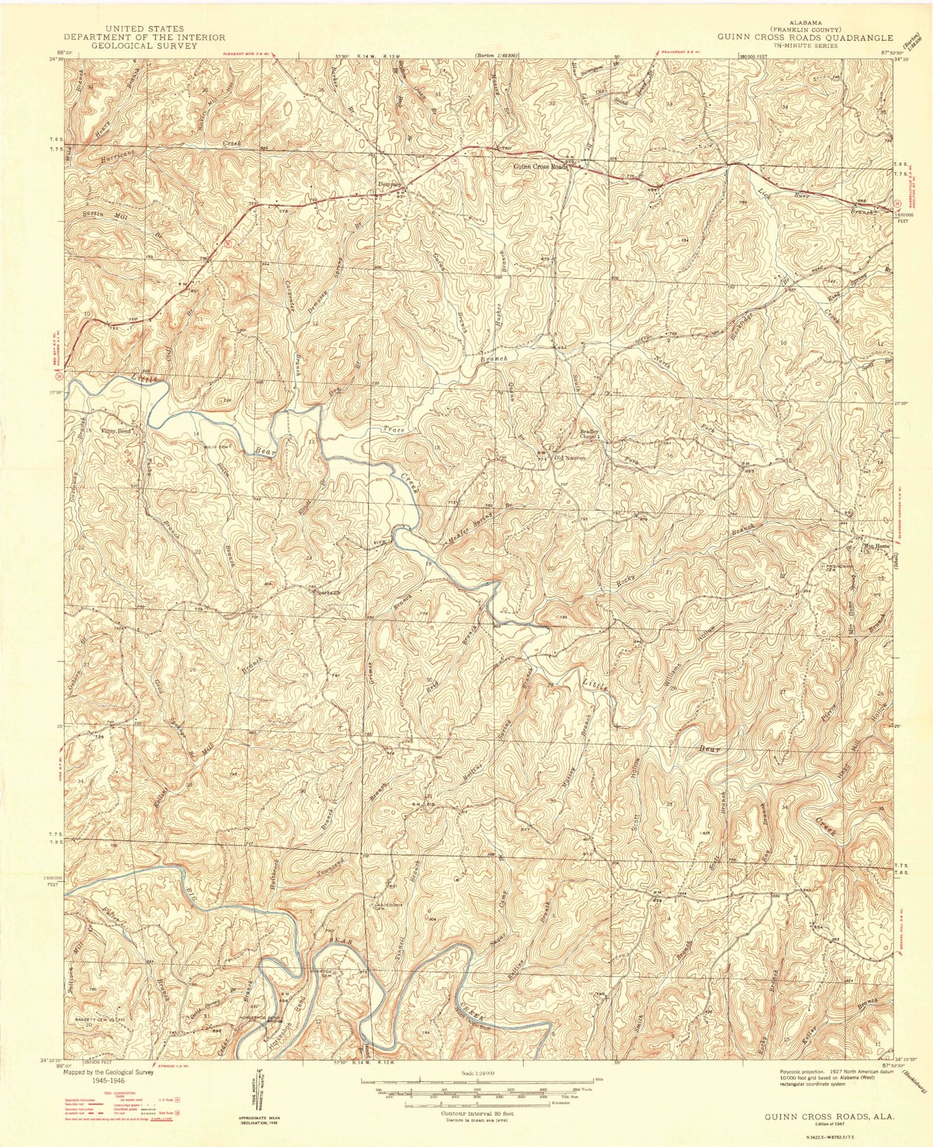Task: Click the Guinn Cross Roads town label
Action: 540,167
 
